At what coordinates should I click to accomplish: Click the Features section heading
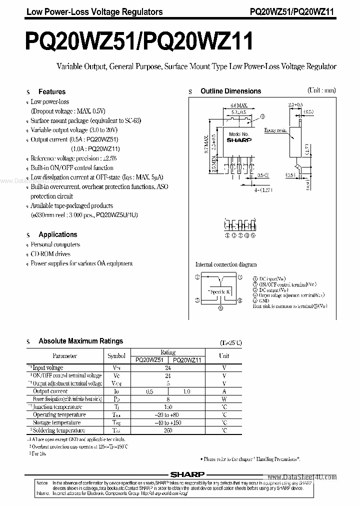tap(52, 92)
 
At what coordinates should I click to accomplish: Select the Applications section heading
tap(58, 234)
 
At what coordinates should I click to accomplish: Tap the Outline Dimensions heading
tap(230, 91)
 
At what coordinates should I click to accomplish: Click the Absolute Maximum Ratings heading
tap(80, 341)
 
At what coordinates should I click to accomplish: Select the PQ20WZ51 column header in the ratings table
tap(149, 359)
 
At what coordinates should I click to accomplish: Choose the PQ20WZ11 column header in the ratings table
tap(186, 359)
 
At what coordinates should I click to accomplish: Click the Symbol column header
tap(116, 356)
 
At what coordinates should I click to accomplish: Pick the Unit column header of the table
tap(224, 356)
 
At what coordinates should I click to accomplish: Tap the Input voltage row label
tap(48, 367)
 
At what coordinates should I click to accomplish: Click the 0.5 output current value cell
tap(149, 391)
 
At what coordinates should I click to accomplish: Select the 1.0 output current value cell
tap(186, 391)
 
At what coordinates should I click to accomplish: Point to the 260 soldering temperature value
tap(168, 430)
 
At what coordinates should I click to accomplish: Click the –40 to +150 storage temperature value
tap(168, 422)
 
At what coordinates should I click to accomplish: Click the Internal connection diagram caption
tap(225, 264)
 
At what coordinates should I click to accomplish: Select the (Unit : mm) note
tap(321, 90)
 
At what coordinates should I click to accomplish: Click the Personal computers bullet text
tap(55, 245)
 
